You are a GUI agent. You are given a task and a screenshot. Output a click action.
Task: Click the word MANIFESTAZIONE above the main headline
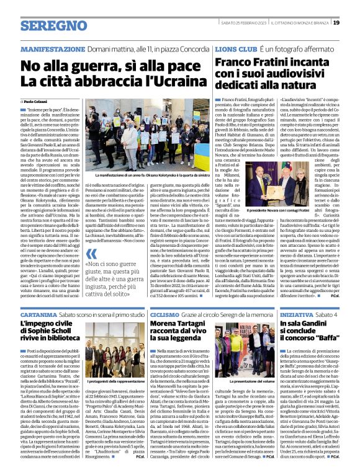pyautogui.click(x=52, y=49)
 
